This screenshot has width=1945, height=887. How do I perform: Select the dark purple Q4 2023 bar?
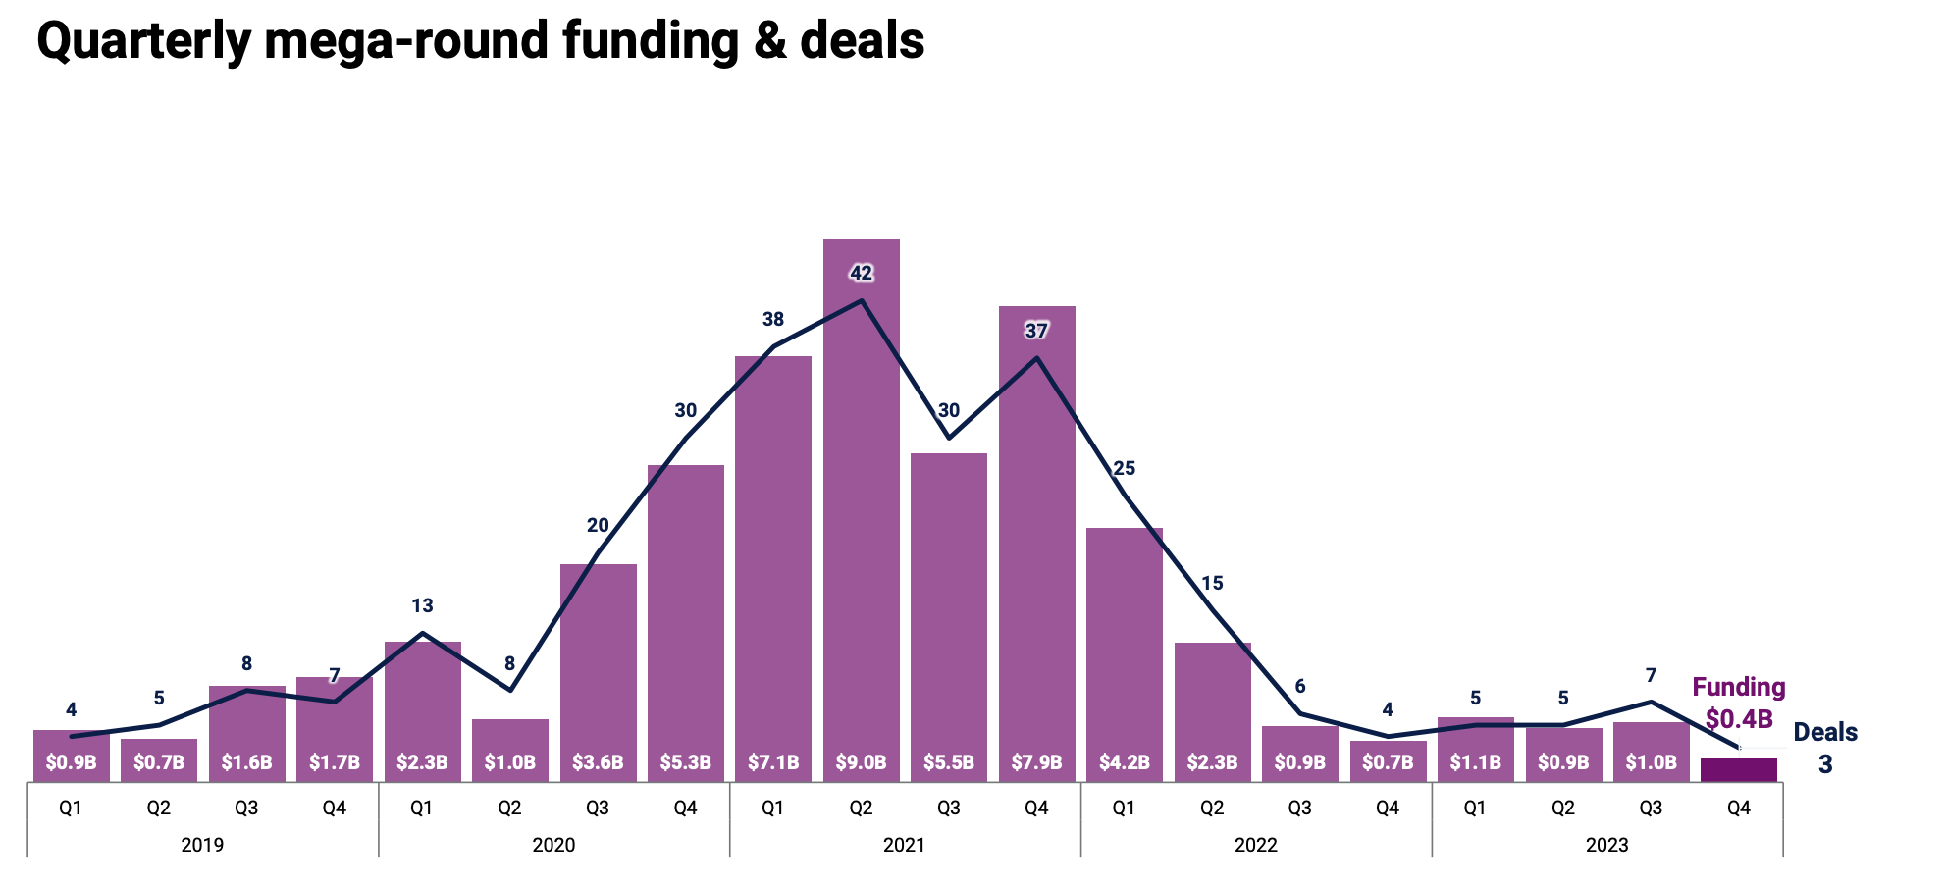coord(1738,770)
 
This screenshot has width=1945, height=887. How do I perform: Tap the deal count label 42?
coord(861,273)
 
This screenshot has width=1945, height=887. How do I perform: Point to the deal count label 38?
coord(773,319)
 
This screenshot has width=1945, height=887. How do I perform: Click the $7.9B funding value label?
coord(1036,762)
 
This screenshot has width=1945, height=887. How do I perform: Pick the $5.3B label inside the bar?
coord(685,762)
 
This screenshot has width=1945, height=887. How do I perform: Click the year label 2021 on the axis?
coord(904,845)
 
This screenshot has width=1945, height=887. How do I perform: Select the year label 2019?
coord(202,845)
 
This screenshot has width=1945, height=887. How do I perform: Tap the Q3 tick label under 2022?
coord(1299,809)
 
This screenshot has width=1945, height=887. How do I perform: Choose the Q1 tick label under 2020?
coord(422,809)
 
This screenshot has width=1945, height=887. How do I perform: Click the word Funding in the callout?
coord(1738,687)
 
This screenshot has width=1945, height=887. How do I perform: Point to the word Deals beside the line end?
coord(1825,732)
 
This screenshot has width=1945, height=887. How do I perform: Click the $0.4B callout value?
coord(1739,719)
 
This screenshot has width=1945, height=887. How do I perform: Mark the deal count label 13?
coord(422,605)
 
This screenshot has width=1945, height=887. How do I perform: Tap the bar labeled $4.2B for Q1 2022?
coord(1124,648)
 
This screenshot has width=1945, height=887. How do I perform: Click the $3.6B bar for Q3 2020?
coord(598,667)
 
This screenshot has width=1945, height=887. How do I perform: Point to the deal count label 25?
coord(1124,468)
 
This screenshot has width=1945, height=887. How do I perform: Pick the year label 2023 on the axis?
coord(1606,845)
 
